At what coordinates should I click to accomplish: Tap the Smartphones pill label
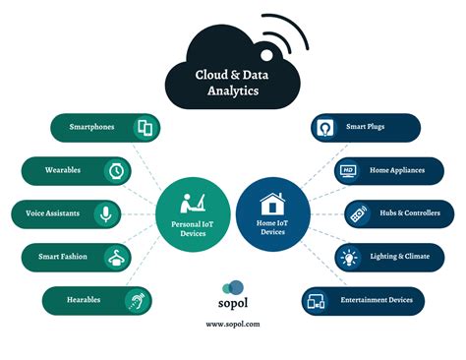pos(92,128)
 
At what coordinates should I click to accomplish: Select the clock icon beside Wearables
pos(116,170)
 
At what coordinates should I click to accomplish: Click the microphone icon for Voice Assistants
pos(105,213)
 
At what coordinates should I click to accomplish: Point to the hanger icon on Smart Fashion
pos(118,257)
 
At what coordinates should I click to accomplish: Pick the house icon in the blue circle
pos(272,203)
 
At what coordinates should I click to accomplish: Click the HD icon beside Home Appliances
pos(348,170)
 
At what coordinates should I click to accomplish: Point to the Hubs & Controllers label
pos(404,213)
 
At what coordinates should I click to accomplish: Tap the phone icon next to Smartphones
pos(145,128)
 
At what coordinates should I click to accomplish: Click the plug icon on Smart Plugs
pos(325,128)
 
